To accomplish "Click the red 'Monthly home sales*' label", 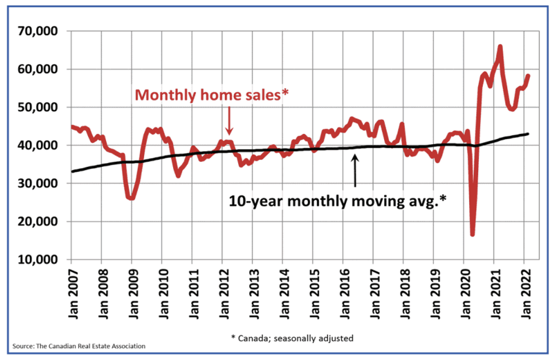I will [x=210, y=95].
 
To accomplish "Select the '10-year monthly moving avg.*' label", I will [x=337, y=200].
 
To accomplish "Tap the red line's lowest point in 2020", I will [x=472, y=234].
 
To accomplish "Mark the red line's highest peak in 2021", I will [x=500, y=47].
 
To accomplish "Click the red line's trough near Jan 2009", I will [x=131, y=198].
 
